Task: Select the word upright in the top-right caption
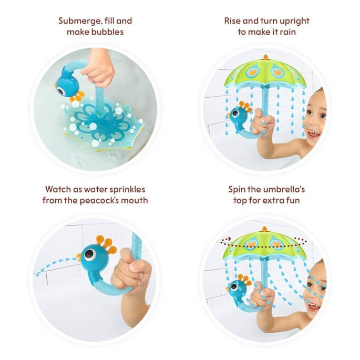294,22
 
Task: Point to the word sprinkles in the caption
127,190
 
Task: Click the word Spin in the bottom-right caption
236,190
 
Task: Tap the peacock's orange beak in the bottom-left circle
79,257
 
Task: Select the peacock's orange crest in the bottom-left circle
106,244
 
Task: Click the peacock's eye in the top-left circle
61,91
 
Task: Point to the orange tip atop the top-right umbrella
265,57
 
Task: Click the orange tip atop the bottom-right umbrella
264,229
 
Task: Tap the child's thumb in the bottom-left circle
126,256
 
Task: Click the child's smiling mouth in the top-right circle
313,133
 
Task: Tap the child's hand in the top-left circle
100,69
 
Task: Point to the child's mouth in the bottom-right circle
313,306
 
